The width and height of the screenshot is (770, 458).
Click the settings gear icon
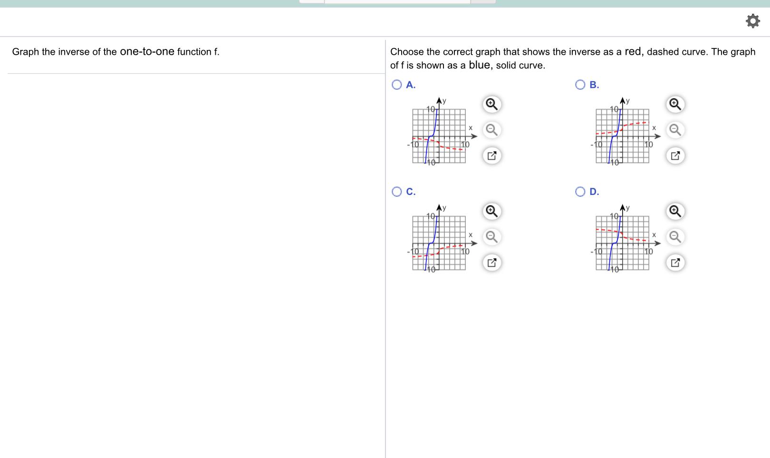[752, 21]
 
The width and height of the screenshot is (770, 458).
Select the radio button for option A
[397, 85]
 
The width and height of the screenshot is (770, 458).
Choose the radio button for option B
[580, 85]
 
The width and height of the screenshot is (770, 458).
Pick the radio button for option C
[397, 192]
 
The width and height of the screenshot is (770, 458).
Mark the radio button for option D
[580, 192]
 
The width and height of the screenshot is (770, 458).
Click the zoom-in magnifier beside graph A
[492, 104]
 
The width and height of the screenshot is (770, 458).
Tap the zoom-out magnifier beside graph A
[492, 130]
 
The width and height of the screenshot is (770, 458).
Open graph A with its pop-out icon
[492, 156]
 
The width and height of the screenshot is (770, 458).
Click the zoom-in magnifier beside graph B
[675, 104]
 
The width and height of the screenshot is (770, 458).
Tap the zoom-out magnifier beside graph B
[675, 130]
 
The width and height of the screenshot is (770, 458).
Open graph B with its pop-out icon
[675, 156]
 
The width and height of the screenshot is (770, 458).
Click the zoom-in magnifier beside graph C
[492, 211]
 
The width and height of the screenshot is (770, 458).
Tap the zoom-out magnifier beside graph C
[492, 237]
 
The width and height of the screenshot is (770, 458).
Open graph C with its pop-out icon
[492, 263]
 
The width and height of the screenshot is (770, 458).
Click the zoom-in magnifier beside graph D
[675, 211]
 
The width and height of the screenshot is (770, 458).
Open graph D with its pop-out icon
[675, 263]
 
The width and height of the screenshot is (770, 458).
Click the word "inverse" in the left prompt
[74, 52]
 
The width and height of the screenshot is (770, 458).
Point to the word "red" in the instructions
[633, 51]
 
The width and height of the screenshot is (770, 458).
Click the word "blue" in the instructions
[479, 65]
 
